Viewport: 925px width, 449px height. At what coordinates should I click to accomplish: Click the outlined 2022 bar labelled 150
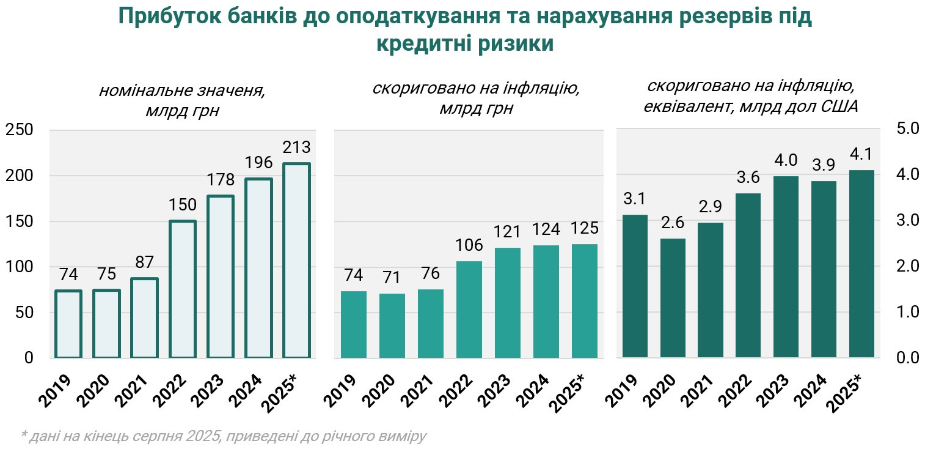(183, 289)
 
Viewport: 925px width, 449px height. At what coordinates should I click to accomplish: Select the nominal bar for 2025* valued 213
(296, 260)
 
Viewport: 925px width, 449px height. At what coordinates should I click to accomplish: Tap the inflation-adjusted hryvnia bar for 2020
(392, 325)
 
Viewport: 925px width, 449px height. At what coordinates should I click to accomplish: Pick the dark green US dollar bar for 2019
(635, 286)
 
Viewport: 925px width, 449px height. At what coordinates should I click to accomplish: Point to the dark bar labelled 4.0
(786, 267)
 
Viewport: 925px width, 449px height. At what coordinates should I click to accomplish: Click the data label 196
(258, 163)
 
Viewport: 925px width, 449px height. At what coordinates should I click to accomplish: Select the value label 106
(469, 245)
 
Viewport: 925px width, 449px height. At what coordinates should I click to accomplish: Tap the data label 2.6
(673, 223)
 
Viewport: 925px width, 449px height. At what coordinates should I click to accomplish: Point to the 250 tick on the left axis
(20, 130)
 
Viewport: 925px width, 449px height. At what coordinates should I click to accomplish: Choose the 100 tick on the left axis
(20, 267)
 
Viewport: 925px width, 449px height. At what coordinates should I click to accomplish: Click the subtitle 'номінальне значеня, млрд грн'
(182, 101)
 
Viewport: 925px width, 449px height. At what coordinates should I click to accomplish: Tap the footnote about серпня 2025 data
(223, 437)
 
